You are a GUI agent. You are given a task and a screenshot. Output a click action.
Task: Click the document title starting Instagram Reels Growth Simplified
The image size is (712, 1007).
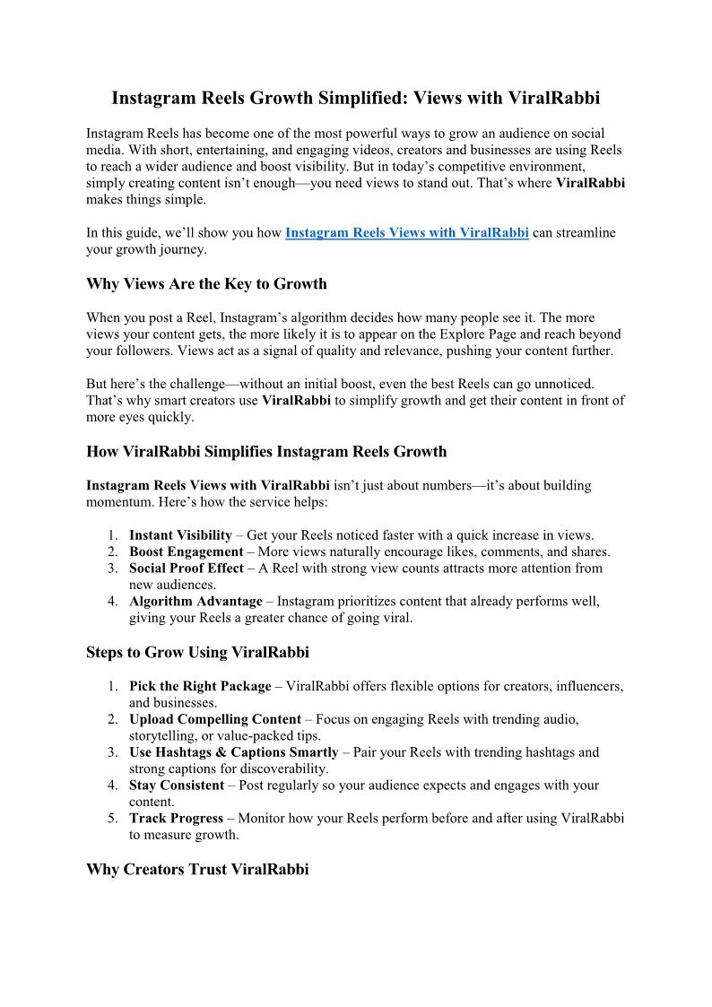355,98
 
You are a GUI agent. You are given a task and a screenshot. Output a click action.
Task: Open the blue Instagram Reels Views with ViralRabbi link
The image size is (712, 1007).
406,233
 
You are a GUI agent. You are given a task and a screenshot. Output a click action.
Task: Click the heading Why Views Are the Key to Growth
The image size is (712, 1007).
206,284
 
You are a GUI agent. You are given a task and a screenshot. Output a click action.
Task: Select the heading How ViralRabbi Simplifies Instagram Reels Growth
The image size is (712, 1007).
266,451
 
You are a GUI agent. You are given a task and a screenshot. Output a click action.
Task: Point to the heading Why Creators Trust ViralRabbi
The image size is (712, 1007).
197,869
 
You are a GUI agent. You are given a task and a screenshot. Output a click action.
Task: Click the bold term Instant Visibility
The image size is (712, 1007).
180,535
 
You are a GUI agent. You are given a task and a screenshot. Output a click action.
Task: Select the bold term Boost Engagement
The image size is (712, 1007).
186,551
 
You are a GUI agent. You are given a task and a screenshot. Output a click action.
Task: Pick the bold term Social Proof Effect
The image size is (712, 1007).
186,569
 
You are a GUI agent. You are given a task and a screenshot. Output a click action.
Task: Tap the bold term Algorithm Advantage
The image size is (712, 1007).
195,602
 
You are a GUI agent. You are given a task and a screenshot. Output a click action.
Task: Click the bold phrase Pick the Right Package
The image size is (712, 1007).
200,686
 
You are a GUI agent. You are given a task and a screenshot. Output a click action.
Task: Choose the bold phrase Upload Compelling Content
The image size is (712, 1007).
215,719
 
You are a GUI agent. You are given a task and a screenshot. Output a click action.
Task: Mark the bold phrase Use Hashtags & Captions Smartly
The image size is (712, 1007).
234,752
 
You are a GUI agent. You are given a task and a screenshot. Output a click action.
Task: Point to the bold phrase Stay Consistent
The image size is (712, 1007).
177,786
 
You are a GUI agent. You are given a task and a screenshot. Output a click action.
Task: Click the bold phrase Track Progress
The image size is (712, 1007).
176,819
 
